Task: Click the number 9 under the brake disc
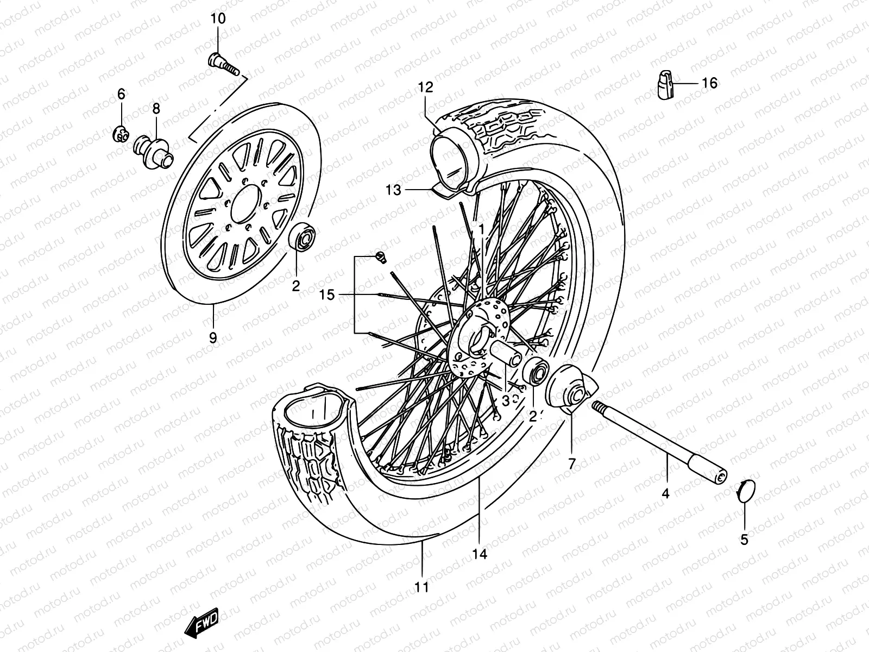pyautogui.click(x=213, y=338)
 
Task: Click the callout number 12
pyautogui.click(x=426, y=87)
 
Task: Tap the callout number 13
pyautogui.click(x=394, y=190)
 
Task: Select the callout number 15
pyautogui.click(x=327, y=294)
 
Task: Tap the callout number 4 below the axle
pyautogui.click(x=665, y=494)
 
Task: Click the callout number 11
pyautogui.click(x=421, y=587)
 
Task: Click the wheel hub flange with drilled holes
pyautogui.click(x=481, y=340)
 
